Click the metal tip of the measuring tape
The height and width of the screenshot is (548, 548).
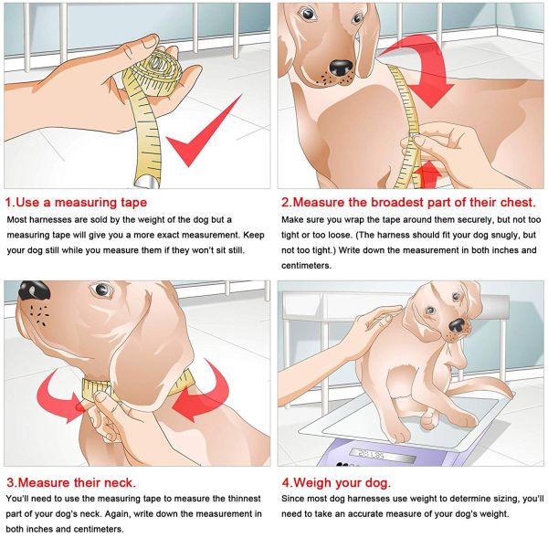pos(146,182)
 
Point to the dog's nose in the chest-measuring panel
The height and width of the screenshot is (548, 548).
pos(341,68)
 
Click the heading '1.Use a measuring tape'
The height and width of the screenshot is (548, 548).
pos(76,203)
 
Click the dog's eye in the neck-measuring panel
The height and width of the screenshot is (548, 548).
pos(101,289)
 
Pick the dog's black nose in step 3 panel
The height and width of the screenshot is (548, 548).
pos(34,290)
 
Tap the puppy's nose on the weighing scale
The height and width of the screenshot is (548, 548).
pos(458,325)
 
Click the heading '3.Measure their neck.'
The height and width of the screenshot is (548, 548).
pos(71,482)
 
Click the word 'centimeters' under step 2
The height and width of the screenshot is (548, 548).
pos(306,266)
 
